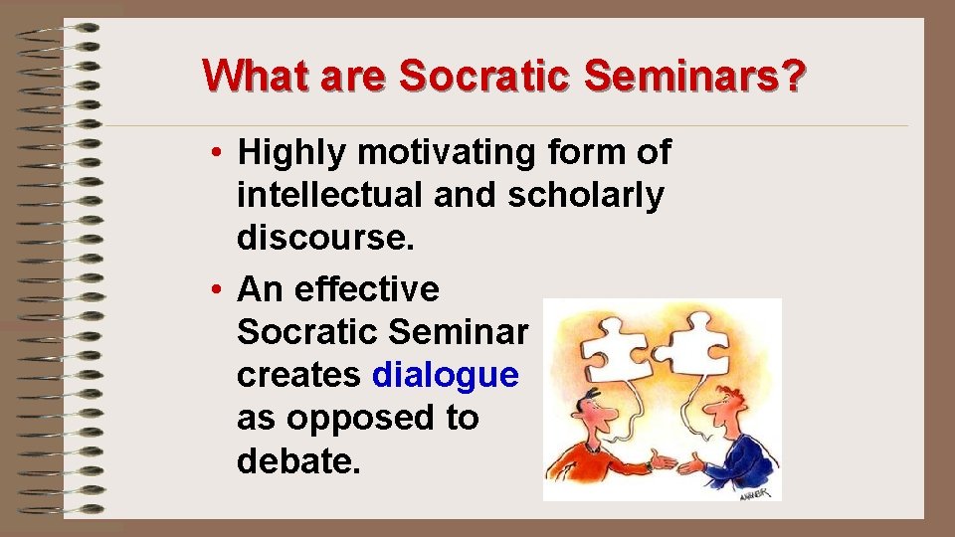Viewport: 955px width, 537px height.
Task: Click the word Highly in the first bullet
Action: point(292,153)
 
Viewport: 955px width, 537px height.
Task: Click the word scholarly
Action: point(585,196)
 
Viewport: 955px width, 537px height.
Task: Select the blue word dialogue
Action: point(446,375)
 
